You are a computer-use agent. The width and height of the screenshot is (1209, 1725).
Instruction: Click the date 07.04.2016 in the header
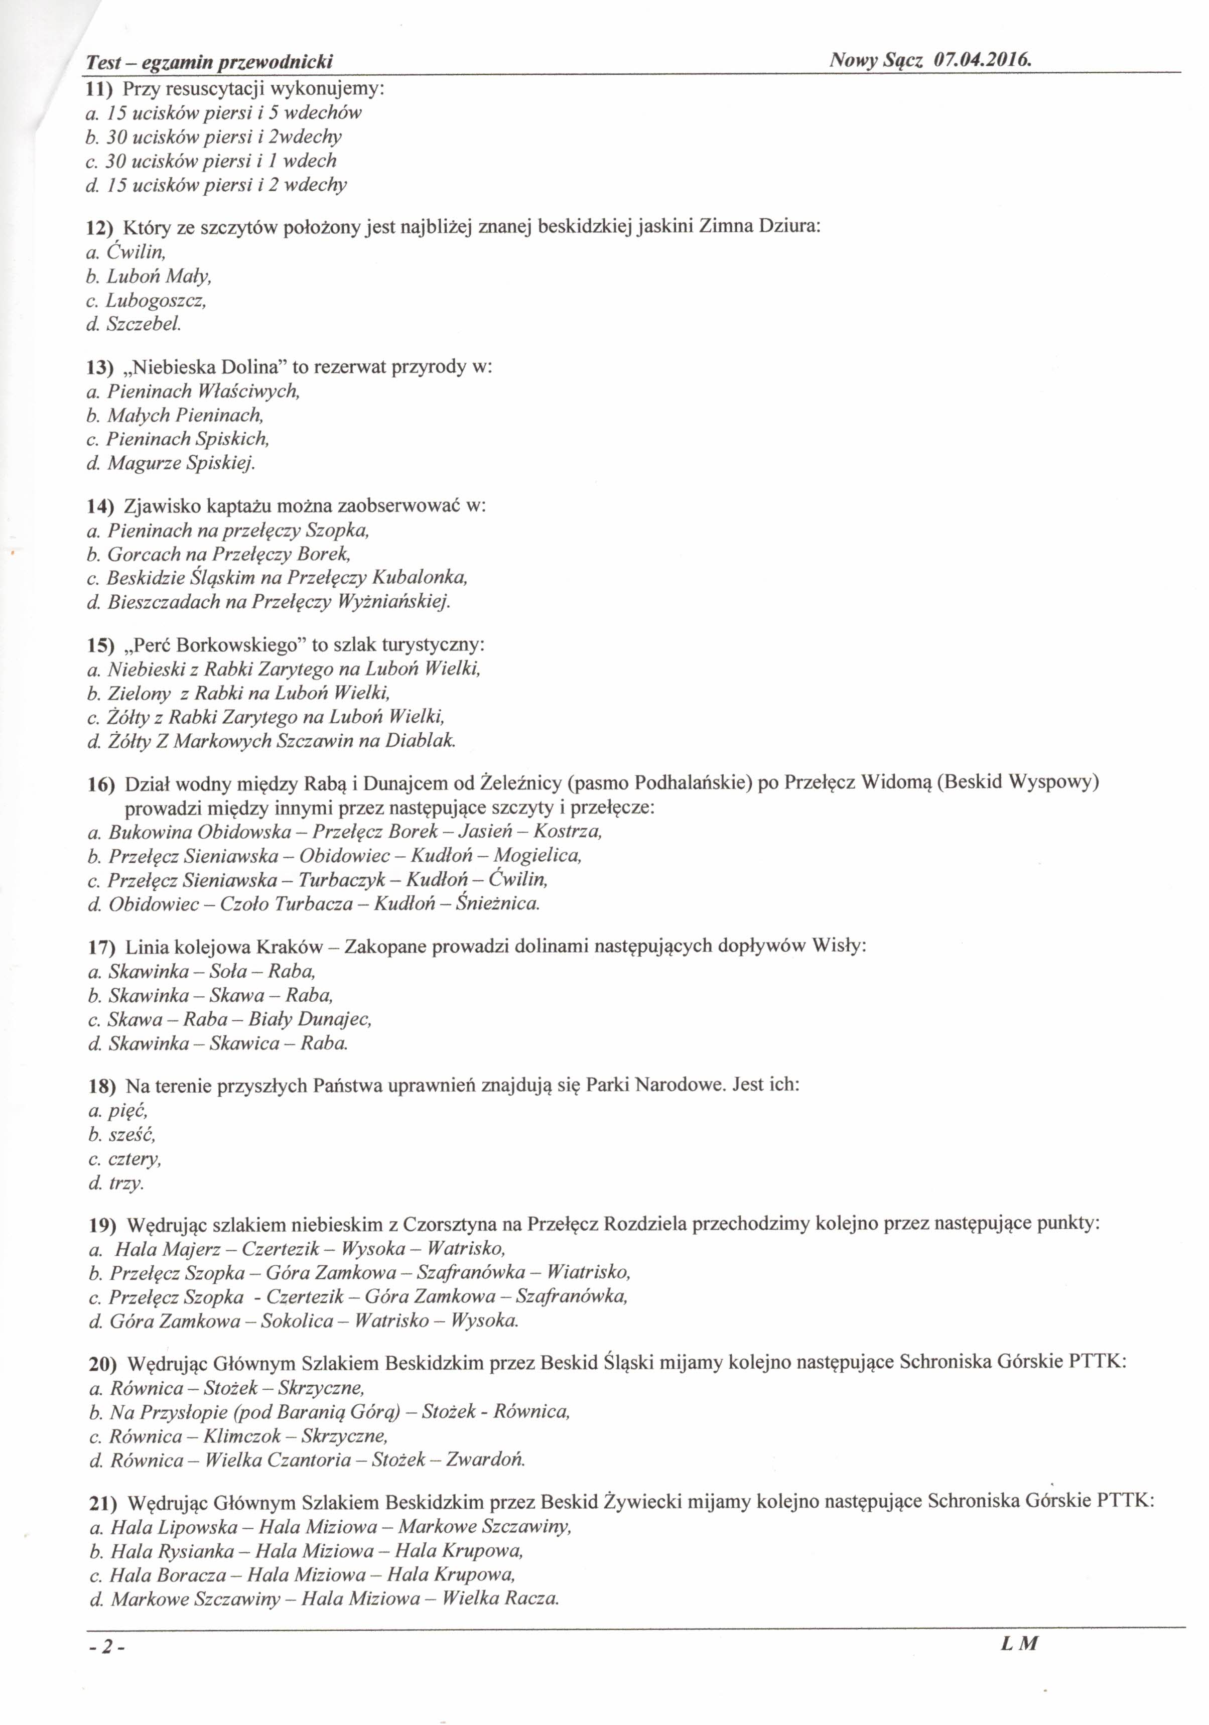(x=981, y=60)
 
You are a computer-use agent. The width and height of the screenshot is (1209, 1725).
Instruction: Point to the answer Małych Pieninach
(x=185, y=415)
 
